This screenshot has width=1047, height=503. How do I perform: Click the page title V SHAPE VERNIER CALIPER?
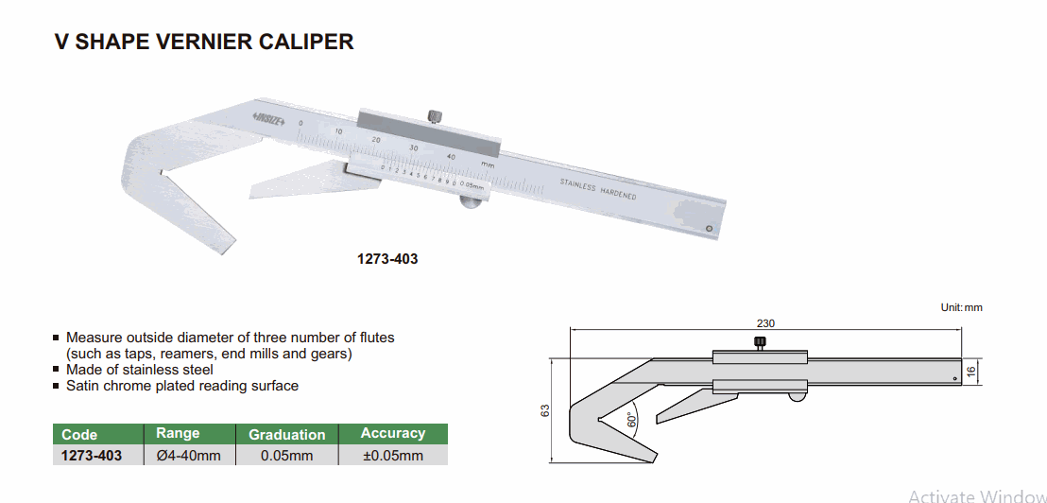tap(204, 43)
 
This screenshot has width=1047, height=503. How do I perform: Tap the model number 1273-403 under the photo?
tap(387, 258)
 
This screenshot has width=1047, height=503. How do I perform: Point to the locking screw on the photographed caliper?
tap(434, 116)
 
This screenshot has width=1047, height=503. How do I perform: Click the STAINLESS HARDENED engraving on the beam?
tap(597, 189)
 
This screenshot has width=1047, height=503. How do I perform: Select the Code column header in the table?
tap(79, 435)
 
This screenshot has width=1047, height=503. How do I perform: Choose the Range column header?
tap(178, 434)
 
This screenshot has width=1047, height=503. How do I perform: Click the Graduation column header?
tap(286, 435)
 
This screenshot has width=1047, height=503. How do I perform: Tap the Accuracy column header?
tap(393, 434)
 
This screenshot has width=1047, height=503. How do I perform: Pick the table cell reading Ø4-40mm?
tap(187, 456)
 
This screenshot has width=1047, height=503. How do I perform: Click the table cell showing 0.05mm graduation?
tap(286, 456)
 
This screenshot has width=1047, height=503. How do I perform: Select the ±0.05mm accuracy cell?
tap(393, 456)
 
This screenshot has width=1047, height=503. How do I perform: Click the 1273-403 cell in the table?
tap(92, 456)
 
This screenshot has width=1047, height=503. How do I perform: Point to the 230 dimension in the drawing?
tap(765, 323)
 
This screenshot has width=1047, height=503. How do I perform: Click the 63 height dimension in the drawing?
tap(545, 412)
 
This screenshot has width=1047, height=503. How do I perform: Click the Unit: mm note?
tap(961, 307)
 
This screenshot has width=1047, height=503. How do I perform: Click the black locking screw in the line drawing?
tap(759, 342)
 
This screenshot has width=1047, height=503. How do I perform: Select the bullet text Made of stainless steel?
tap(140, 370)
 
